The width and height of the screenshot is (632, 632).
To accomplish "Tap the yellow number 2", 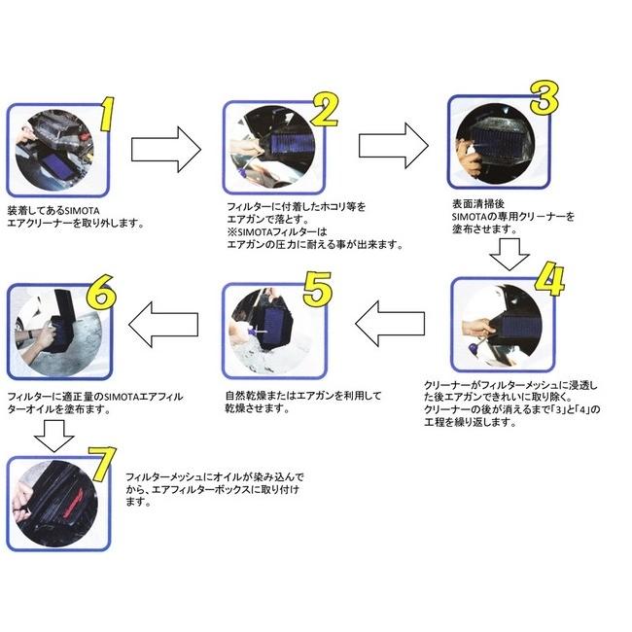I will coord(325,112).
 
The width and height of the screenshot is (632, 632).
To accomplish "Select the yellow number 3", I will coord(543,97).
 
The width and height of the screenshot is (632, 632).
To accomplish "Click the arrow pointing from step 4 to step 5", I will coord(389,324).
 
